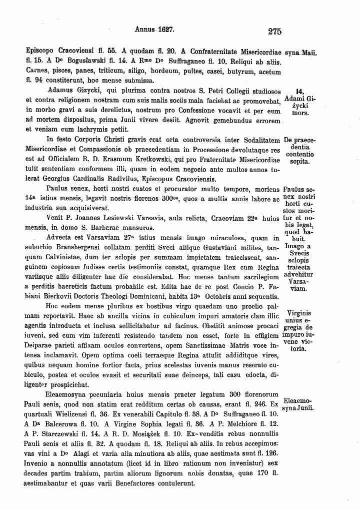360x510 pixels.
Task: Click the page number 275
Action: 274,31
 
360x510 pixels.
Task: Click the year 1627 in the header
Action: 163,30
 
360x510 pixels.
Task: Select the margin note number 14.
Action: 300,91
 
